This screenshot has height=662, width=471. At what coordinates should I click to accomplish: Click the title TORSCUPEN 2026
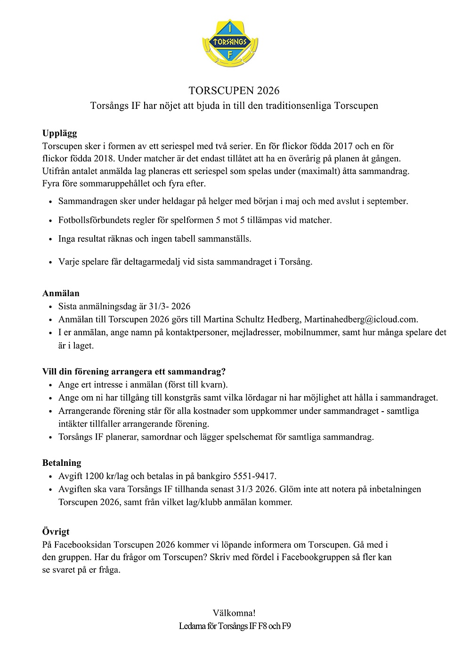(234, 91)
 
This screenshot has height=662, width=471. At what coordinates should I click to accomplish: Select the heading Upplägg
(59, 133)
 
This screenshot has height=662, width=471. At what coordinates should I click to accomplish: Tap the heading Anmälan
(61, 293)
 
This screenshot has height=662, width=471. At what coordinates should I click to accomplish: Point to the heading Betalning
(62, 463)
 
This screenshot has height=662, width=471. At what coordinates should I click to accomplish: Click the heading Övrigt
(56, 531)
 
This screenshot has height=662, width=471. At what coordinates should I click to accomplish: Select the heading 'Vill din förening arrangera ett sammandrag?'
(134, 372)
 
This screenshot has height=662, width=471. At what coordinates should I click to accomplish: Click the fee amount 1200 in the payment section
(95, 476)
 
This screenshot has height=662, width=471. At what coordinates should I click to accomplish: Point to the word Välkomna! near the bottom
(234, 613)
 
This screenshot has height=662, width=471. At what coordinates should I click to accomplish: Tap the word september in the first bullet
(387, 201)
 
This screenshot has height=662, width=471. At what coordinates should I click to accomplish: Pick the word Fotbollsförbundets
(97, 220)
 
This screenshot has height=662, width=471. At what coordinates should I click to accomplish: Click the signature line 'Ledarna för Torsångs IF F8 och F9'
(235, 626)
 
